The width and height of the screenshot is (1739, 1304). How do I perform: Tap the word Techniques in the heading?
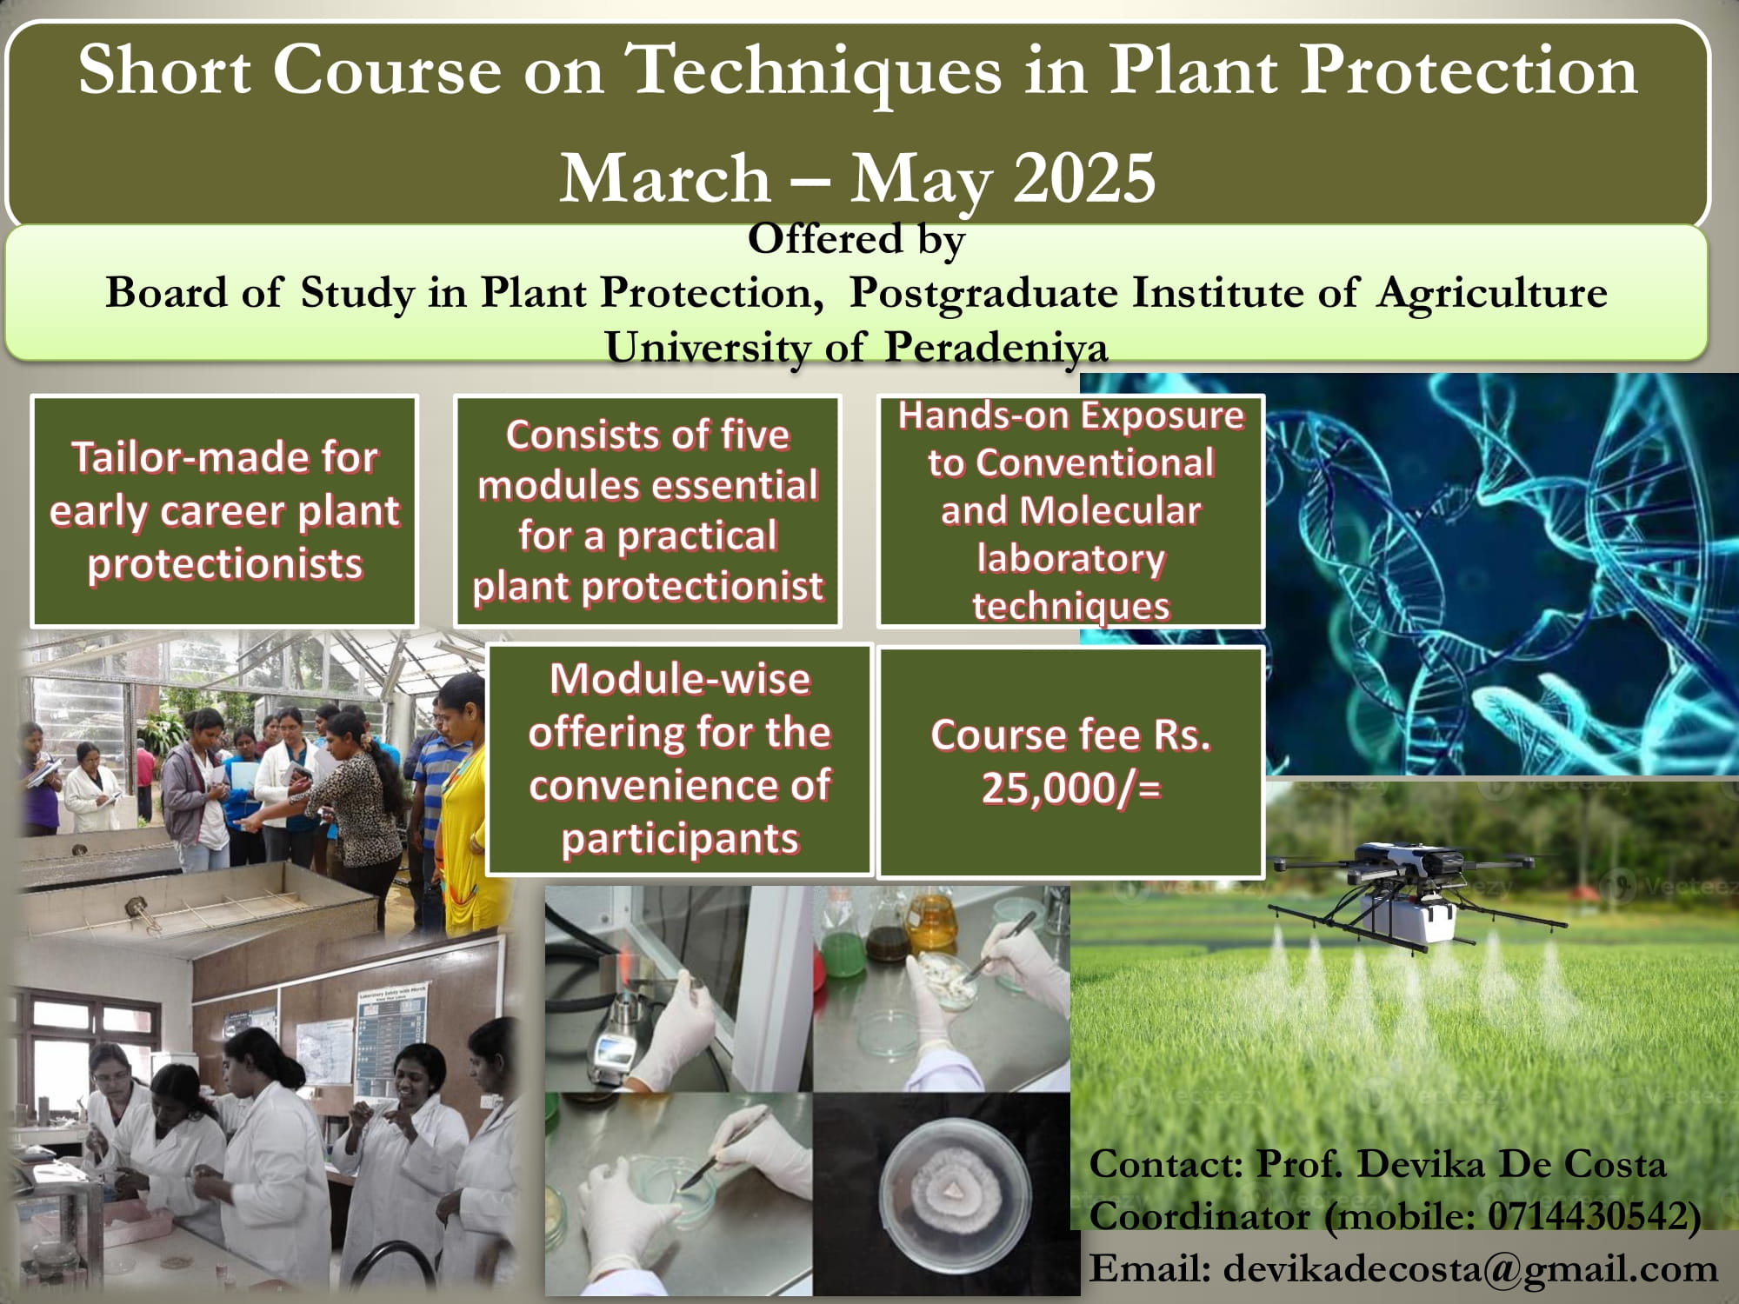pos(814,71)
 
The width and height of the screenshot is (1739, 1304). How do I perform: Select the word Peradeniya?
pos(996,348)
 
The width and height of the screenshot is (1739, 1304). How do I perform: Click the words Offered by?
pos(856,239)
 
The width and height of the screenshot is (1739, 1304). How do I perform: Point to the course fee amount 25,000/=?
pos(1071,788)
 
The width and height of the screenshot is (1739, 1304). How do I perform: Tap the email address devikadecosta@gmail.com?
pos(1470,1268)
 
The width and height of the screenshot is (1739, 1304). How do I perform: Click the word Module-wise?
pos(680,678)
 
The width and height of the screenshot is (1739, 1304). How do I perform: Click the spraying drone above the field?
pos(1400,895)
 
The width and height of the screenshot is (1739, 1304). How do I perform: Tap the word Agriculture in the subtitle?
pos(1492,293)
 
